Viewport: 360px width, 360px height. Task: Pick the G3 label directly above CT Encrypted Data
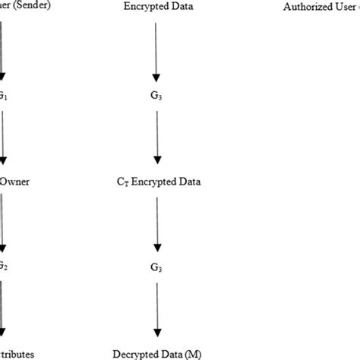click(157, 97)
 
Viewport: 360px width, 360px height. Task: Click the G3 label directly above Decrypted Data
click(156, 268)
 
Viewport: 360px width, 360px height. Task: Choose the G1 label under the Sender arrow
click(4, 97)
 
